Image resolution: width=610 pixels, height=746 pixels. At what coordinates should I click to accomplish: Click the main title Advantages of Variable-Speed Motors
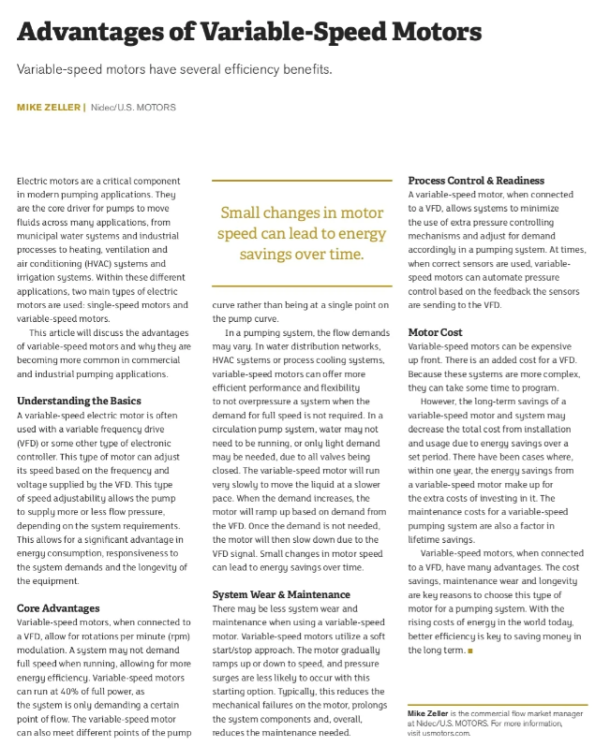[249, 33]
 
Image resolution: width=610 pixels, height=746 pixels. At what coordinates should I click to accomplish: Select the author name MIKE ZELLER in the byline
[49, 108]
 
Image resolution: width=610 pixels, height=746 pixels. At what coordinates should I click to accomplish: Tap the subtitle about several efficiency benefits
[175, 69]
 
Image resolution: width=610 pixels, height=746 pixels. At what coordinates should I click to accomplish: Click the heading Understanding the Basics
[79, 401]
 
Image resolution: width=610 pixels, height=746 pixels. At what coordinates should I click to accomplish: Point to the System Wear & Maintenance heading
[281, 594]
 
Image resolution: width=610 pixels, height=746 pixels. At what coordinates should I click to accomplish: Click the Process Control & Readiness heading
[476, 180]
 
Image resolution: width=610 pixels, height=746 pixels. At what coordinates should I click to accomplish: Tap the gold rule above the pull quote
[302, 179]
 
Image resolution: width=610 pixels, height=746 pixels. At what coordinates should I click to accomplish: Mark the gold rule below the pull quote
[302, 285]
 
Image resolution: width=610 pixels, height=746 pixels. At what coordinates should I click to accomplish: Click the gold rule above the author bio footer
[498, 704]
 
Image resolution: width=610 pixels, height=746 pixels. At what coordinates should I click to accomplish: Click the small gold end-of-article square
[470, 650]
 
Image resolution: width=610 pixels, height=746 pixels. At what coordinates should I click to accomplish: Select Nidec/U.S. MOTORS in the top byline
[134, 108]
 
